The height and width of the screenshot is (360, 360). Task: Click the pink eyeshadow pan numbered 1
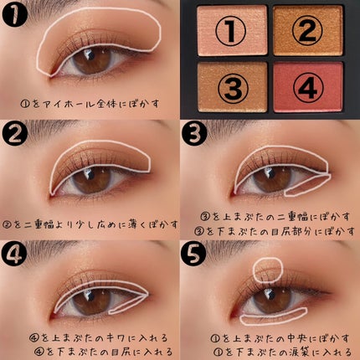tap(232, 30)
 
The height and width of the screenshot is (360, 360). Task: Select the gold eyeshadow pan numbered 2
tap(308, 30)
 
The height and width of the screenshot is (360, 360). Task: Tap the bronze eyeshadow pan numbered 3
tap(232, 87)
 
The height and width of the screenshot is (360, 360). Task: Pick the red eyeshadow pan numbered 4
tap(308, 87)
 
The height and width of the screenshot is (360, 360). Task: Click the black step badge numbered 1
tap(14, 14)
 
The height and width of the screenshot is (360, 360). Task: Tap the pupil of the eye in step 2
tap(91, 179)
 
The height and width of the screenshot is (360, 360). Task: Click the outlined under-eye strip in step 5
tap(274, 316)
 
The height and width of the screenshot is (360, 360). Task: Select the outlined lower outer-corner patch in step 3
tap(307, 186)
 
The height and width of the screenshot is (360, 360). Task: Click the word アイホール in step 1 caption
tap(64, 105)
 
